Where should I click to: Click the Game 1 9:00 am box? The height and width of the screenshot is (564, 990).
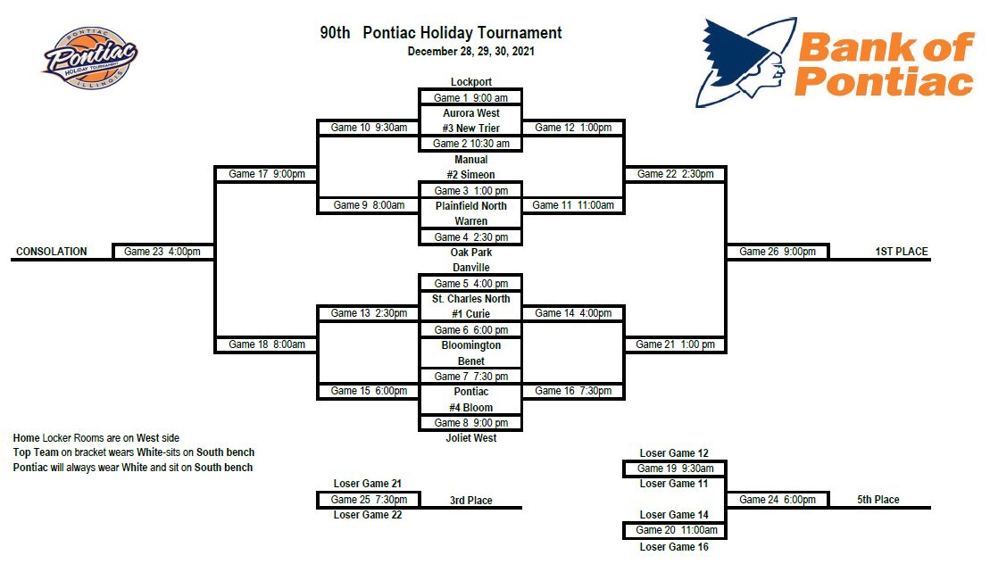pos(470,97)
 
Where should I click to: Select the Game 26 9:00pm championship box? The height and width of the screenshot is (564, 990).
pos(778,252)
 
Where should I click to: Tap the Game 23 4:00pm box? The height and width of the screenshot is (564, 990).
pos(162,252)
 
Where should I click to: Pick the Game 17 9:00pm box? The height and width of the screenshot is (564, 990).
pos(266,174)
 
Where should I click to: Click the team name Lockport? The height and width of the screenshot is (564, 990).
pos(470,82)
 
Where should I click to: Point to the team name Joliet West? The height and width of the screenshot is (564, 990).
pos(470,438)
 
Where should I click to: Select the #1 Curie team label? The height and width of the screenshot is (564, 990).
pos(470,314)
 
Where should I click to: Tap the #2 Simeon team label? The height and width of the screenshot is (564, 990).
pos(470,175)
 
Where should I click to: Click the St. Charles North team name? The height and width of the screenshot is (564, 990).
pos(470,299)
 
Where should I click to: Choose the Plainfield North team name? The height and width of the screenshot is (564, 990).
pos(470,206)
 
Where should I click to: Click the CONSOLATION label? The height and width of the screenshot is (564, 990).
pos(52,252)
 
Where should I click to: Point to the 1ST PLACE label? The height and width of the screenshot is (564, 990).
pos(901,252)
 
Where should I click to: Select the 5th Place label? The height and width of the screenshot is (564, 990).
pos(878,500)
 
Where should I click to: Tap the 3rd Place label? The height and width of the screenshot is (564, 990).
pos(470,501)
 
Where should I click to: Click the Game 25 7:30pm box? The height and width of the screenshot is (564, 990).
pos(369,500)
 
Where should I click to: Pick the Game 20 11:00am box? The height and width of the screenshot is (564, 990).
pos(676,530)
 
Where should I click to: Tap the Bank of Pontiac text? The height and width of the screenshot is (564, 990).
pos(884,64)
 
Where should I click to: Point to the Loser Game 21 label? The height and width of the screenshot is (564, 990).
pos(367,484)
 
